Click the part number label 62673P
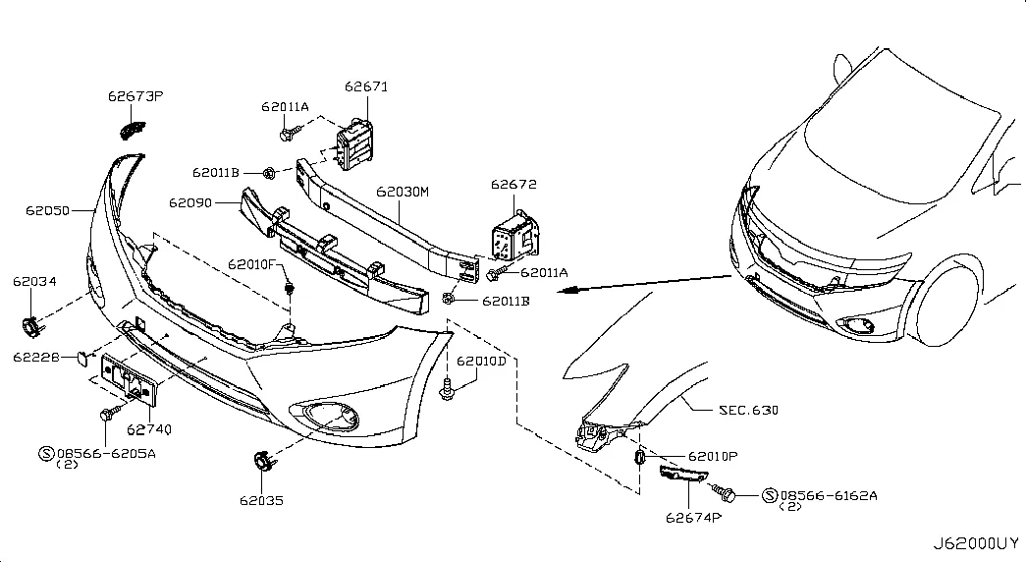click(x=135, y=96)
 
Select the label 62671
click(x=366, y=86)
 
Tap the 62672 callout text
click(x=513, y=185)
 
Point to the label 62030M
click(x=403, y=192)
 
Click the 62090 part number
click(x=190, y=203)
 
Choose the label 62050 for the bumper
click(x=47, y=211)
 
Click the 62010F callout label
click(x=252, y=264)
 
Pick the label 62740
click(x=149, y=429)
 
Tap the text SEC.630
click(x=748, y=410)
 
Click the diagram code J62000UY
click(x=976, y=543)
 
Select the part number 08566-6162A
click(x=829, y=496)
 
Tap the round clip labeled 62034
click(x=30, y=326)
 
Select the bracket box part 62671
click(x=354, y=144)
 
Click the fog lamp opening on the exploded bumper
click(x=325, y=416)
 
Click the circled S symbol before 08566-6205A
click(x=46, y=453)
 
